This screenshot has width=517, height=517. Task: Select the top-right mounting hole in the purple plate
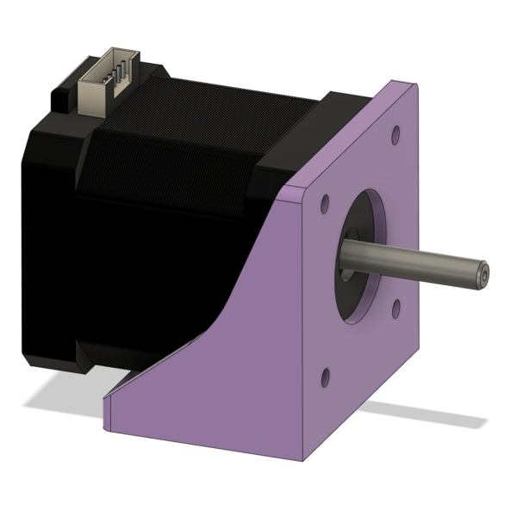click(395, 136)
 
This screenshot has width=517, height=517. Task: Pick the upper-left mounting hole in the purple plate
click(325, 204)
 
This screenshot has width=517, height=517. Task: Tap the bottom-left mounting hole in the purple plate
click(326, 377)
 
